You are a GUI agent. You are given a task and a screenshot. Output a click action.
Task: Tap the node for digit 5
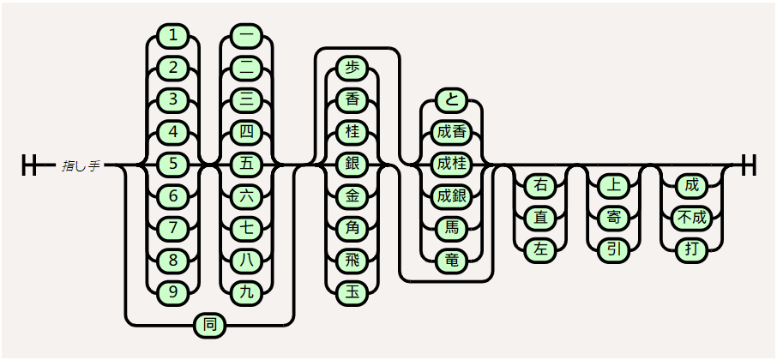click(174, 164)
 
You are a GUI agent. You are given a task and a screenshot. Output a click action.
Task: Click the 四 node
click(247, 132)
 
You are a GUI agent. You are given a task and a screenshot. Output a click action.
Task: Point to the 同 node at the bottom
click(210, 325)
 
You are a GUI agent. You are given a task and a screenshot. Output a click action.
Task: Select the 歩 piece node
click(352, 68)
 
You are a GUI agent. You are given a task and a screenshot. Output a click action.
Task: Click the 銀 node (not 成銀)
click(352, 164)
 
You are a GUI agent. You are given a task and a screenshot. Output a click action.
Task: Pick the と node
click(451, 99)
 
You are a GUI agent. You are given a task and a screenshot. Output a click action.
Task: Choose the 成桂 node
click(451, 164)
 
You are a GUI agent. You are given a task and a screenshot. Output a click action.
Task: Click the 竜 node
click(451, 261)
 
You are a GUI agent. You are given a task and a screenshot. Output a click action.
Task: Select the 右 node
click(540, 185)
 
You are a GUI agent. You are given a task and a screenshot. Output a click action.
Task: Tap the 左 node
click(540, 249)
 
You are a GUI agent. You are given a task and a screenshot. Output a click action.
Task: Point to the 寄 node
click(614, 218)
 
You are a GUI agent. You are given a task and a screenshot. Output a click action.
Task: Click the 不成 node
click(691, 218)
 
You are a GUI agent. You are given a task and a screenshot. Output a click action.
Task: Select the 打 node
click(691, 249)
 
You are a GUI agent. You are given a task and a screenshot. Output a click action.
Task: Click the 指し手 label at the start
click(81, 165)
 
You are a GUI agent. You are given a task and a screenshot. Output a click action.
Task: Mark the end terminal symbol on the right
click(749, 165)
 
